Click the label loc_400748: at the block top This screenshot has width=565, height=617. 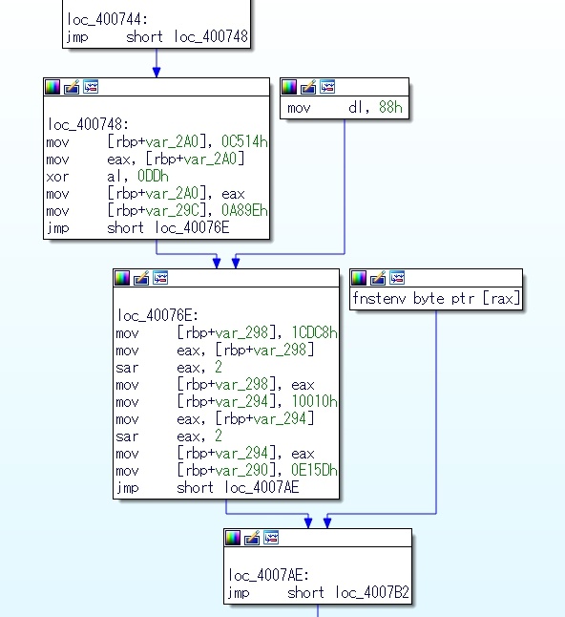pos(88,124)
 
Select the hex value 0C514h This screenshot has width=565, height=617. pos(244,141)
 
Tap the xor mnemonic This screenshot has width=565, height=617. pos(57,177)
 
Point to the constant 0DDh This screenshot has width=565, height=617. pos(153,176)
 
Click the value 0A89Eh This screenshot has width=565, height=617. pos(244,210)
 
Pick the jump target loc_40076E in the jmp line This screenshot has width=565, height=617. pos(192,227)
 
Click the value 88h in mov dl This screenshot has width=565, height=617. pos(390,107)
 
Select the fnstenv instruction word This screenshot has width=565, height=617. pos(379,299)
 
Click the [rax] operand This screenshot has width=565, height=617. pos(501,299)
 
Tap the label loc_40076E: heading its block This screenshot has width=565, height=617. pos(157,315)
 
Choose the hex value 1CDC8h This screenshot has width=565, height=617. pos(314,333)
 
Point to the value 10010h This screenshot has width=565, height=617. pos(314,401)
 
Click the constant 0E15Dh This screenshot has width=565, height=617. pos(314,470)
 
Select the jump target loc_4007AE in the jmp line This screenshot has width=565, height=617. pos(262,487)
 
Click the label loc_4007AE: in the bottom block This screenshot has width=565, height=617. pos(268,575)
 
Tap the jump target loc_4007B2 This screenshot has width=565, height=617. pos(372,592)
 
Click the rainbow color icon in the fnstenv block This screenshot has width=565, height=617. pos(359,278)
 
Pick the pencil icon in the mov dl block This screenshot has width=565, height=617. pos(308,87)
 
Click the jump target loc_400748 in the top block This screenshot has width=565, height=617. pos(211,36)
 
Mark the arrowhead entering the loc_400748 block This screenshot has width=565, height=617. pos(157,72)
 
